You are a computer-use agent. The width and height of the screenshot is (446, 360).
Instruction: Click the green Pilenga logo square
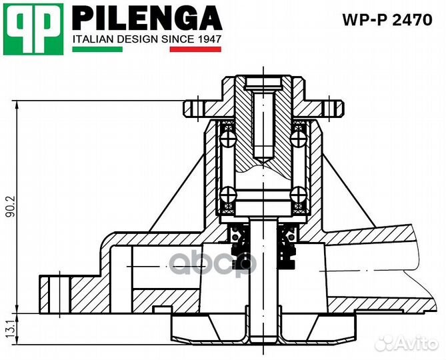click(33, 29)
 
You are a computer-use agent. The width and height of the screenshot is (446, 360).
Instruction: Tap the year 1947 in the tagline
click(209, 39)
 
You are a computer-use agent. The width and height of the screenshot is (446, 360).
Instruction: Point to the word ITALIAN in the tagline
click(93, 39)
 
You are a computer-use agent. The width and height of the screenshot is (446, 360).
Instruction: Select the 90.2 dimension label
click(9, 206)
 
